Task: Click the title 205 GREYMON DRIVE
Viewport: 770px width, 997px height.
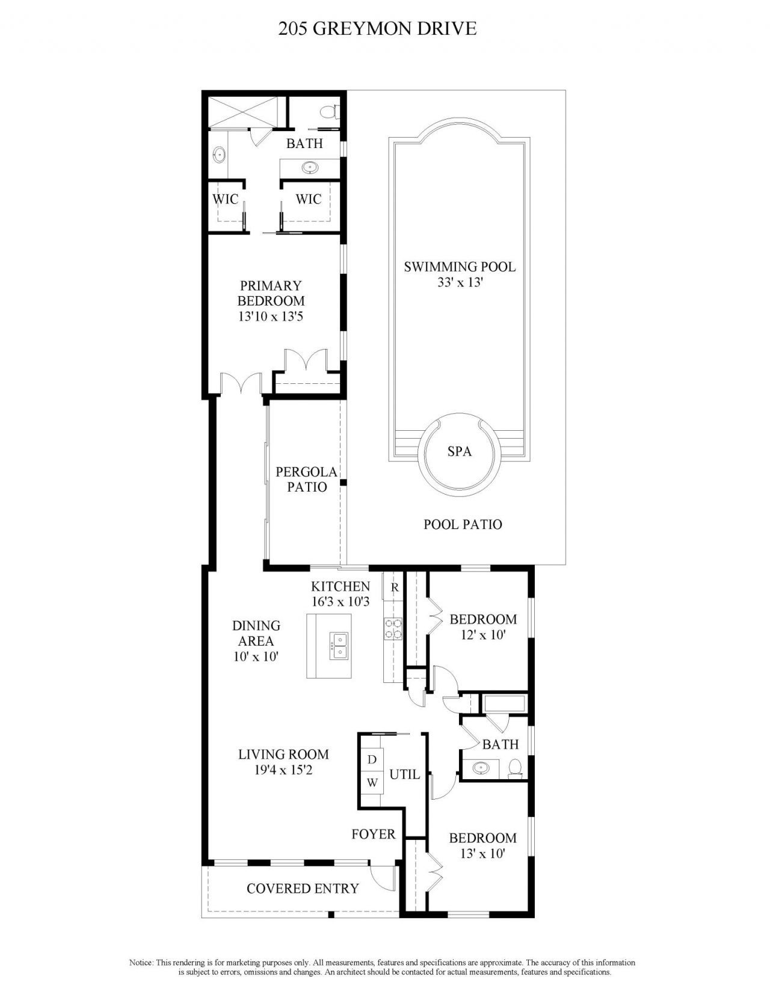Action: pos(377,28)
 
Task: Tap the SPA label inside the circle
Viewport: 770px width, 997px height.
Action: pos(459,451)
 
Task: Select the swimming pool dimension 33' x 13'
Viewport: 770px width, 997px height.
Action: pos(460,282)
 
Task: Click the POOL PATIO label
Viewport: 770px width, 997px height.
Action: pos(463,524)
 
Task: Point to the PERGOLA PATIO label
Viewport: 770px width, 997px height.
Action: pos(307,480)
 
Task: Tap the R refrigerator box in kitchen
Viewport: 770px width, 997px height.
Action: pos(395,587)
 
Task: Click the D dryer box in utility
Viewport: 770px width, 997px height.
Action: pos(372,759)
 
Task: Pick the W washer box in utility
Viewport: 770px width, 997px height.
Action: pos(372,783)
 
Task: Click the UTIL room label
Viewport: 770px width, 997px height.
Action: pos(404,774)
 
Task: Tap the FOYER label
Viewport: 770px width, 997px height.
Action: pos(374,834)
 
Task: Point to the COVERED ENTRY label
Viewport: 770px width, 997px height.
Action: pos(303,888)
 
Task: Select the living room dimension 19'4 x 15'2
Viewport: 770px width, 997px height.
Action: pos(283,769)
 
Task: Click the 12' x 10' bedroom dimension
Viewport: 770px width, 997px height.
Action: pos(482,634)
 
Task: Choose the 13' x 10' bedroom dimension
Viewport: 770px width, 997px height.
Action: pos(482,853)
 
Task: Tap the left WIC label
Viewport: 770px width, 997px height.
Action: pos(226,199)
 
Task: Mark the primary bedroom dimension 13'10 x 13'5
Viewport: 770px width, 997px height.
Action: pos(270,316)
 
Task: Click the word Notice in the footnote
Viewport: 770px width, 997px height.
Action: pos(141,963)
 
